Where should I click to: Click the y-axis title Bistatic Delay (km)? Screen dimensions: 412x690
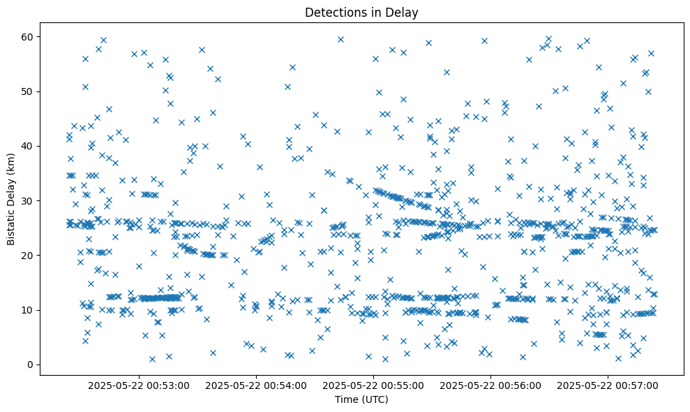pyautogui.click(x=11, y=199)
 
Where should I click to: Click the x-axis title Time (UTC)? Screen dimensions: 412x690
pyautogui.click(x=361, y=400)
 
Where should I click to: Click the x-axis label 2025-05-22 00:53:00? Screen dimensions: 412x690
pyautogui.click(x=139, y=385)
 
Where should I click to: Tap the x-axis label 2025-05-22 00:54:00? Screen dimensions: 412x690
pyautogui.click(x=256, y=385)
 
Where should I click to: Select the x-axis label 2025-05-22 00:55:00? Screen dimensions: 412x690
pyautogui.click(x=373, y=385)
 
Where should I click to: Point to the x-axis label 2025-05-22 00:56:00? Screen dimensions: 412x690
pyautogui.click(x=490, y=385)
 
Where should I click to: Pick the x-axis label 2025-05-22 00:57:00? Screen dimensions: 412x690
pyautogui.click(x=608, y=385)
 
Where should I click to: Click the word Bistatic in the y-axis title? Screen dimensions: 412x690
pyautogui.click(x=11, y=225)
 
